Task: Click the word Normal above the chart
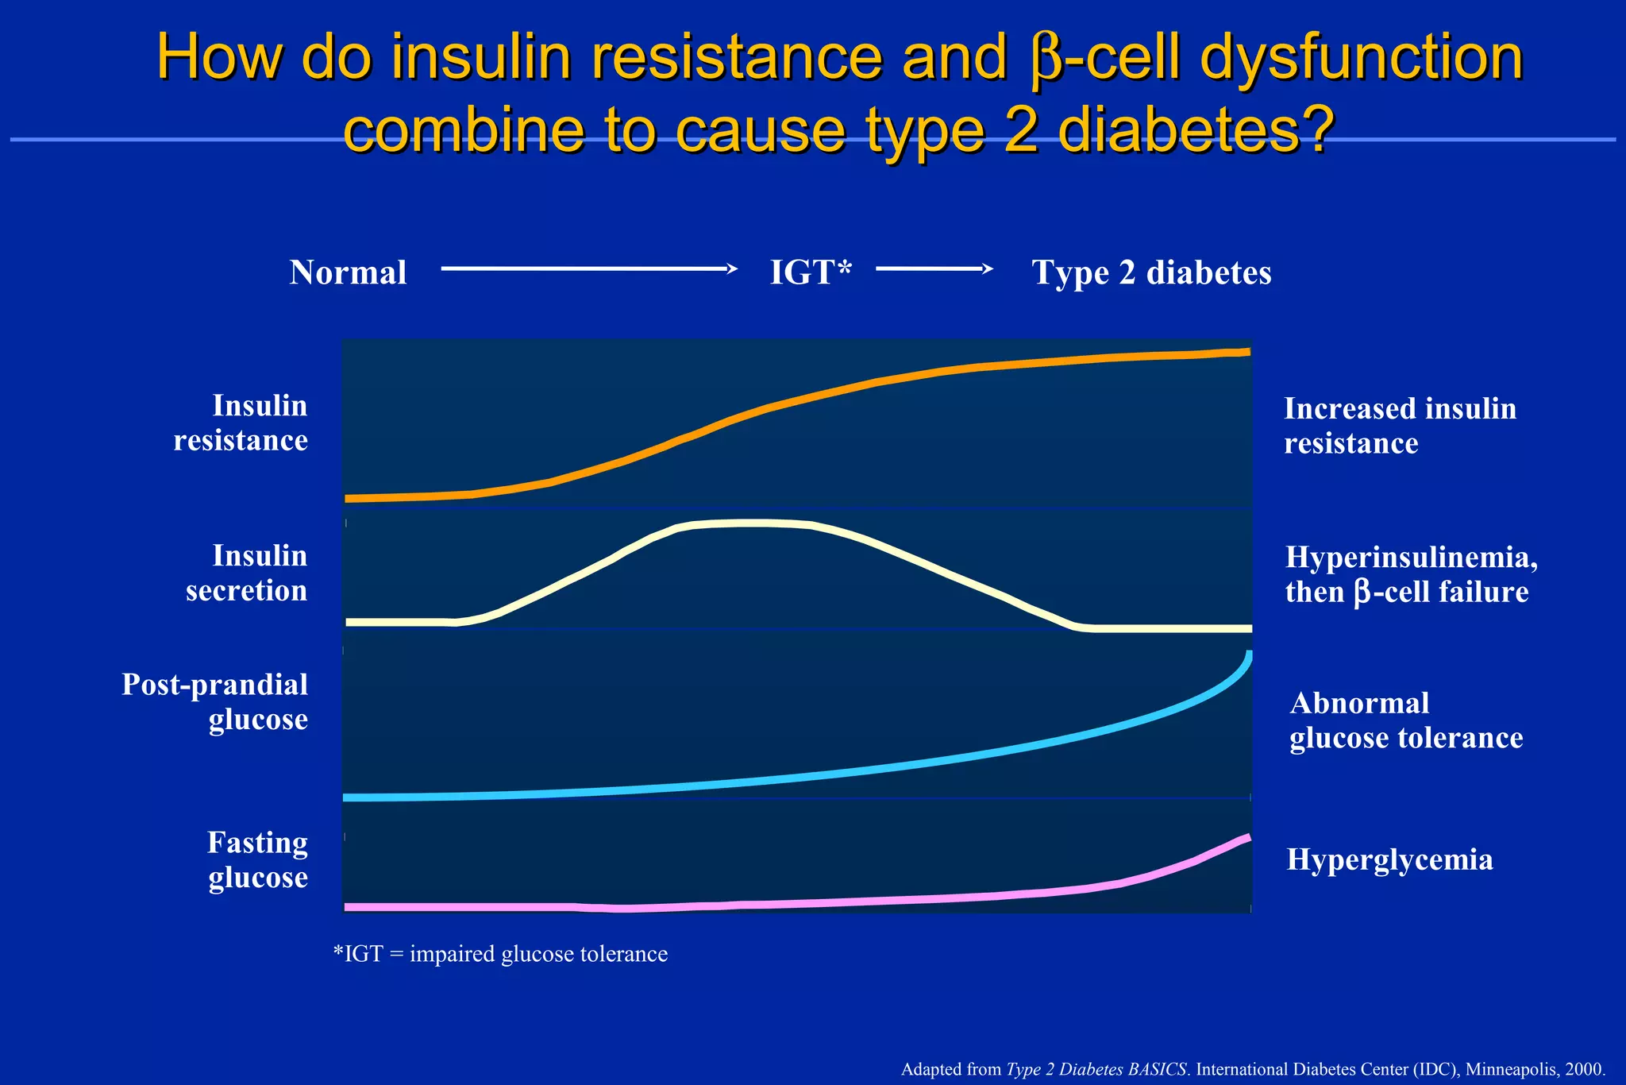(348, 272)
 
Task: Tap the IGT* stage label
(811, 272)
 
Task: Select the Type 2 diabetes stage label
(1151, 272)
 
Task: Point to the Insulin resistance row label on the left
(241, 423)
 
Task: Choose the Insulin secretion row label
(247, 573)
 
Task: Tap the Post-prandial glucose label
(215, 701)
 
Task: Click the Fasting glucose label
(257, 859)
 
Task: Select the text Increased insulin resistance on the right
(1400, 426)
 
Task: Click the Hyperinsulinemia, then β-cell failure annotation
(1411, 574)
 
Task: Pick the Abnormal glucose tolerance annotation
(1405, 720)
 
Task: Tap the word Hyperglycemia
(1389, 859)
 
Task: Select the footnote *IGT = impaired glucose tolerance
(500, 954)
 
